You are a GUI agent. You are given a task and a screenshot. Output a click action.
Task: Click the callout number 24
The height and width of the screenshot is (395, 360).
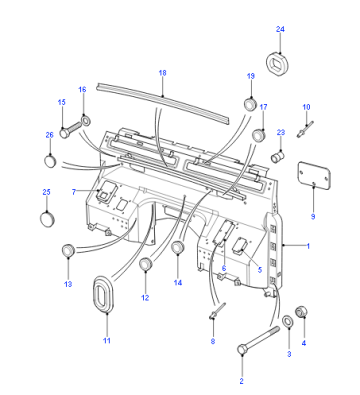[x=280, y=29]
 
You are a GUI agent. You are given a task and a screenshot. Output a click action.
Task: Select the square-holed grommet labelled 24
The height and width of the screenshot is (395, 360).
[x=277, y=63]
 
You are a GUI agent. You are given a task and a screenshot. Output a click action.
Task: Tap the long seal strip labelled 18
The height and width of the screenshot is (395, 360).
[x=163, y=102]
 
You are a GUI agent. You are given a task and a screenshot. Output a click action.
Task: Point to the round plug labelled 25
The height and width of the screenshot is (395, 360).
[x=47, y=219]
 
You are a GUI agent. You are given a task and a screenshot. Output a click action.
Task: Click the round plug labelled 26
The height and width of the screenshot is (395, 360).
[x=50, y=161]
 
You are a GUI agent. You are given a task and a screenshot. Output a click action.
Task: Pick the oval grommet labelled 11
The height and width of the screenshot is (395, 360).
[x=104, y=294]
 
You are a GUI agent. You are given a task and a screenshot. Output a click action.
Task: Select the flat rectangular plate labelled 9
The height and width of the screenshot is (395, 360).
[x=314, y=175]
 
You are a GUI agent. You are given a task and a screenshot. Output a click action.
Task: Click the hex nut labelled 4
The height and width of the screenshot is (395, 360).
[x=302, y=312]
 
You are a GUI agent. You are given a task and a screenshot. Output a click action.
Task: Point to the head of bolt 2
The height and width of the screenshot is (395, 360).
[x=242, y=350]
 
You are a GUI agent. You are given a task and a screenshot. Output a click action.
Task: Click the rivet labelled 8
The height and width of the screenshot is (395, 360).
[x=217, y=311]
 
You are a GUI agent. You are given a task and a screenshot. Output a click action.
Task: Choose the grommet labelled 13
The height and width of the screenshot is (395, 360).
[x=68, y=250]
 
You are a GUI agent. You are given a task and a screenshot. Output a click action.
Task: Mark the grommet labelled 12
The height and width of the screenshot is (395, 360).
[x=146, y=264]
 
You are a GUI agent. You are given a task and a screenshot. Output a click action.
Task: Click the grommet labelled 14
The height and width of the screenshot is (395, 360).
[x=178, y=247]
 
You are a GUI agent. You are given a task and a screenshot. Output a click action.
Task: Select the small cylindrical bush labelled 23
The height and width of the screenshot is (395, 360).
[x=278, y=156]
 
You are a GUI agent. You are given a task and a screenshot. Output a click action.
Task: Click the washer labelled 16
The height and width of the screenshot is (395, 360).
[x=85, y=121]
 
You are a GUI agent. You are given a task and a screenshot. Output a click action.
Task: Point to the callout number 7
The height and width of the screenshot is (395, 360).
[x=74, y=192]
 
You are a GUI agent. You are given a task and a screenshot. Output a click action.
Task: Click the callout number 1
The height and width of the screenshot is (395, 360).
[x=308, y=246]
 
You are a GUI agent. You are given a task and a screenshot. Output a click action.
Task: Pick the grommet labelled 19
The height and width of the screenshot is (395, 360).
[x=250, y=104]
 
